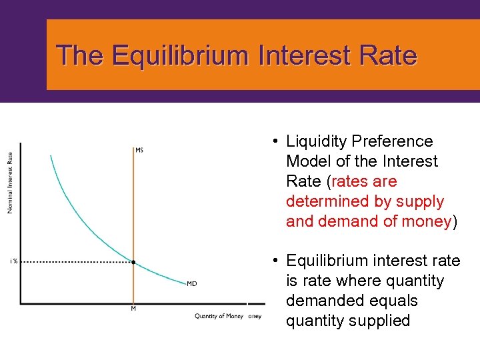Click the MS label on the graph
[139, 150]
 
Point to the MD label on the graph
[191, 284]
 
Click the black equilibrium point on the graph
[133, 262]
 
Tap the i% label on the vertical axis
[13, 261]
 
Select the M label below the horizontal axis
[133, 309]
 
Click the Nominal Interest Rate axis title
[10, 183]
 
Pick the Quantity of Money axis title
[219, 316]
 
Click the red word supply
[419, 201]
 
